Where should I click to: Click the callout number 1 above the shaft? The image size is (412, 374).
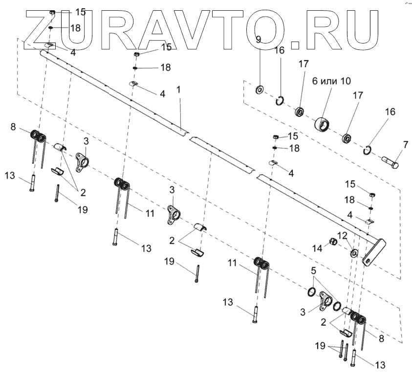click(x=179, y=90)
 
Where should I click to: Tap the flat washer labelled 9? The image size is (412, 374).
click(x=259, y=89)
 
